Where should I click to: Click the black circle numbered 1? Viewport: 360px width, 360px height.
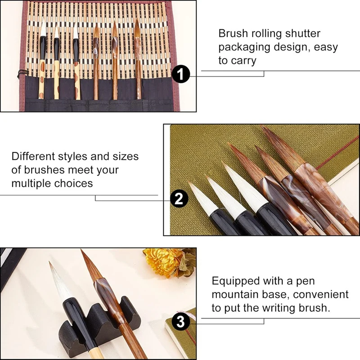pos(181,74)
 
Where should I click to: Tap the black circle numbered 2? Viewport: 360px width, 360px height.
pos(179,198)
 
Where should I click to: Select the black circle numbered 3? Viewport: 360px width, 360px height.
pos(181,321)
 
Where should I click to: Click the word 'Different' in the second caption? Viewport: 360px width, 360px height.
pos(33,156)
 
